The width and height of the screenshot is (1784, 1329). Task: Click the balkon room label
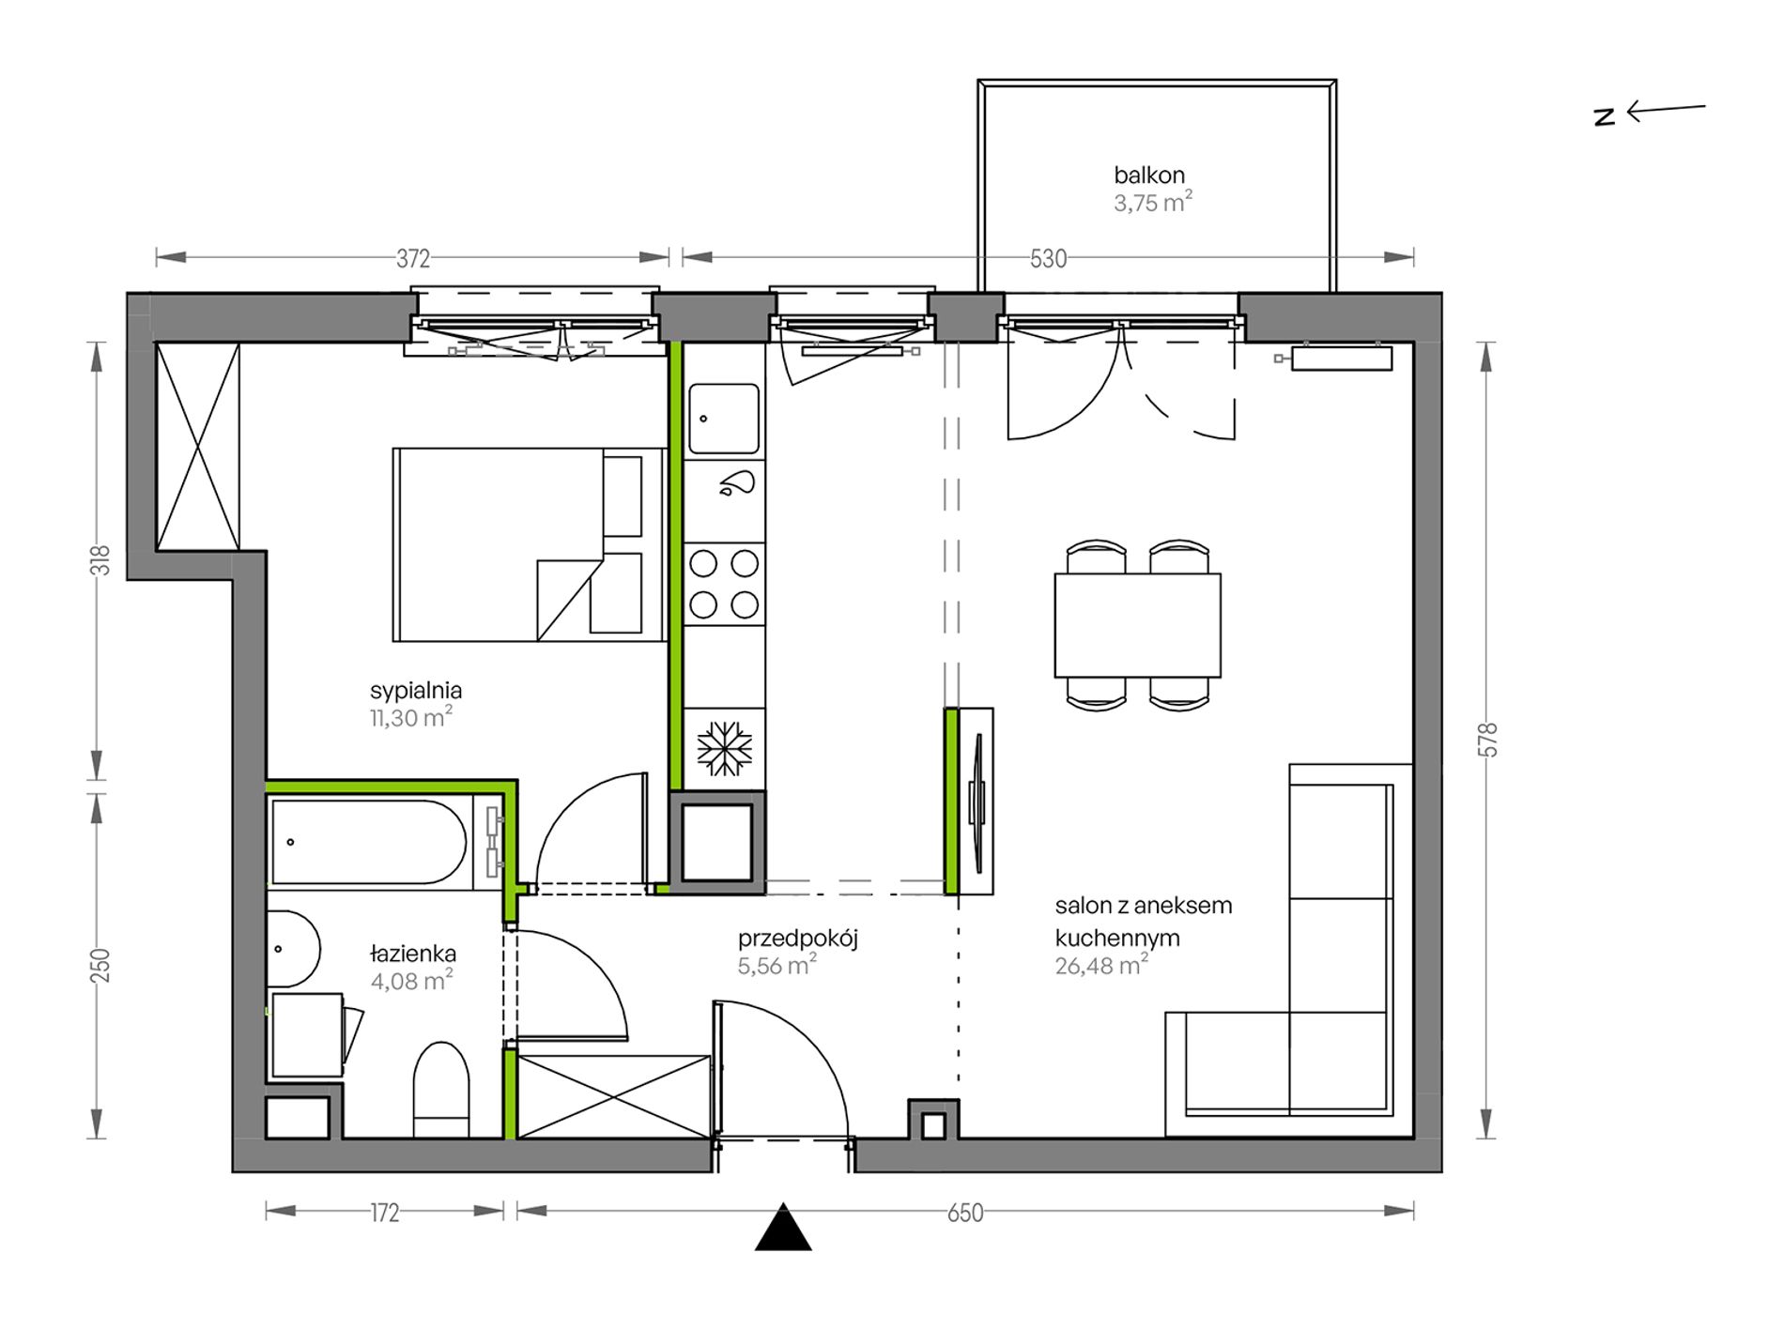(1149, 175)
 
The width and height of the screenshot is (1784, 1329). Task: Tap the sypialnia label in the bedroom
(416, 691)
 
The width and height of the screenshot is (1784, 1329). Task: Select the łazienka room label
(412, 954)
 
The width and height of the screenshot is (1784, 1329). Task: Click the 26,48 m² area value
(1101, 965)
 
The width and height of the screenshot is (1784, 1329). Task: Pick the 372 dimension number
(412, 257)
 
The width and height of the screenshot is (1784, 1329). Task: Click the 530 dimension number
(1048, 258)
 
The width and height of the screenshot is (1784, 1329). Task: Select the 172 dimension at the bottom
(385, 1213)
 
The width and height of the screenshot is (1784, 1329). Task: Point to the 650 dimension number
(964, 1213)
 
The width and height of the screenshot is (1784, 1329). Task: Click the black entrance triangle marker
(783, 1228)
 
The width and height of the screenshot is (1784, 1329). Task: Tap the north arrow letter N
(1605, 116)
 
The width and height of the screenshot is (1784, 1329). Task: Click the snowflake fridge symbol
(724, 749)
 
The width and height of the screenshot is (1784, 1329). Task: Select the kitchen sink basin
(724, 419)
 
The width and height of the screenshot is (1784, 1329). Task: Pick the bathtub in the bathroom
(368, 842)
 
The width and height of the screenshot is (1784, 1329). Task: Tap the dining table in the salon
(1137, 625)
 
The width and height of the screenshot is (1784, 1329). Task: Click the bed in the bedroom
(530, 544)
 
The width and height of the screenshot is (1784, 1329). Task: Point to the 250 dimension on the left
(101, 966)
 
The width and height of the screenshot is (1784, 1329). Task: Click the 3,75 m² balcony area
(1153, 202)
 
